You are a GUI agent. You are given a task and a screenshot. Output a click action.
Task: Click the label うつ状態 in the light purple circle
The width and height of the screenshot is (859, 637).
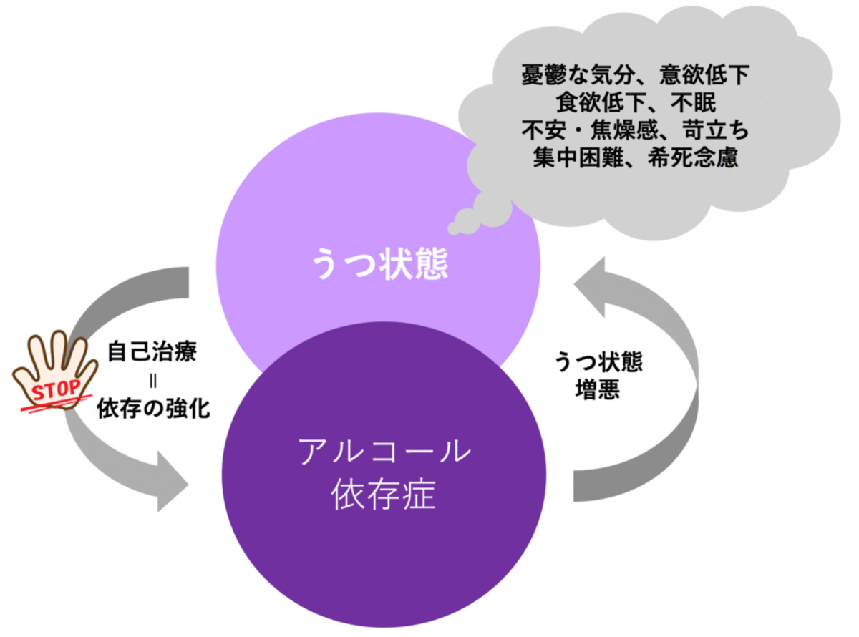click(x=379, y=263)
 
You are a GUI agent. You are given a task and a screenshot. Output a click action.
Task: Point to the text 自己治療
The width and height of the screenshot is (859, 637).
click(x=152, y=353)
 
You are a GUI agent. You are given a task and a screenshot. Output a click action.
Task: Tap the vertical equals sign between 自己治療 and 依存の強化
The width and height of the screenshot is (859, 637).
click(x=152, y=381)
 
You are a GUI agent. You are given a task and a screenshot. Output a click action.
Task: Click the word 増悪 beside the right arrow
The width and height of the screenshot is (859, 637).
click(x=597, y=390)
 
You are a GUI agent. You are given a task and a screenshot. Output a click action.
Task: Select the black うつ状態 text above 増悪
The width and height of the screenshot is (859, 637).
click(x=597, y=361)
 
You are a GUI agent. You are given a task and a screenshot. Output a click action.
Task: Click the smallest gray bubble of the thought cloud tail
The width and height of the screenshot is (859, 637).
click(x=453, y=228)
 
